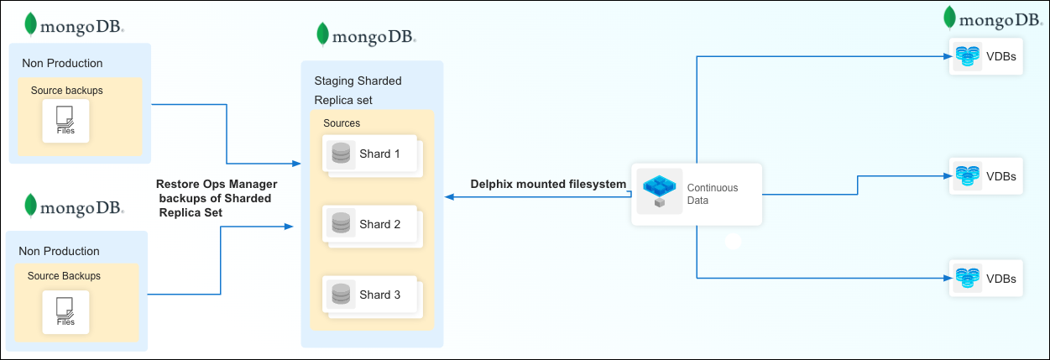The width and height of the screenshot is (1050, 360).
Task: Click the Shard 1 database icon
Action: point(341,154)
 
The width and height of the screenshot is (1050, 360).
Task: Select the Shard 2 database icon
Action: point(341,224)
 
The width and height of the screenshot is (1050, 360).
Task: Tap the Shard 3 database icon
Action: point(341,295)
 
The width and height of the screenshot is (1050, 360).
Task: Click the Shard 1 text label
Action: point(380,154)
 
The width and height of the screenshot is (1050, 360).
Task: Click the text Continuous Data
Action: point(713,194)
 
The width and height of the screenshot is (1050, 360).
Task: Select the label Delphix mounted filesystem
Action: point(548,184)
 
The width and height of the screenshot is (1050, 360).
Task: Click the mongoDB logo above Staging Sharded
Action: point(366,36)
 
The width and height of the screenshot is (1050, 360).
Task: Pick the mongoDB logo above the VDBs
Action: point(993,18)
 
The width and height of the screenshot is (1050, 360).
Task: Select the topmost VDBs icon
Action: point(967,56)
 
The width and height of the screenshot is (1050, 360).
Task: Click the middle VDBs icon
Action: point(967,176)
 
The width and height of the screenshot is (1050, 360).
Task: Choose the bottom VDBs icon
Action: point(967,278)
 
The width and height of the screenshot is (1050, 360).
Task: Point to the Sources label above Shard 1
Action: point(342,123)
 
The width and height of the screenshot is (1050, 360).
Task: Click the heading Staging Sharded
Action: point(358,81)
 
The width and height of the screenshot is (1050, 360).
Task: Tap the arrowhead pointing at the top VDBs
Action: point(944,56)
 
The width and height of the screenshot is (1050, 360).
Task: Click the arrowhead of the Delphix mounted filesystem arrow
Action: point(449,197)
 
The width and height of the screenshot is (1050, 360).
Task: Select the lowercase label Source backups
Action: point(67,90)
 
